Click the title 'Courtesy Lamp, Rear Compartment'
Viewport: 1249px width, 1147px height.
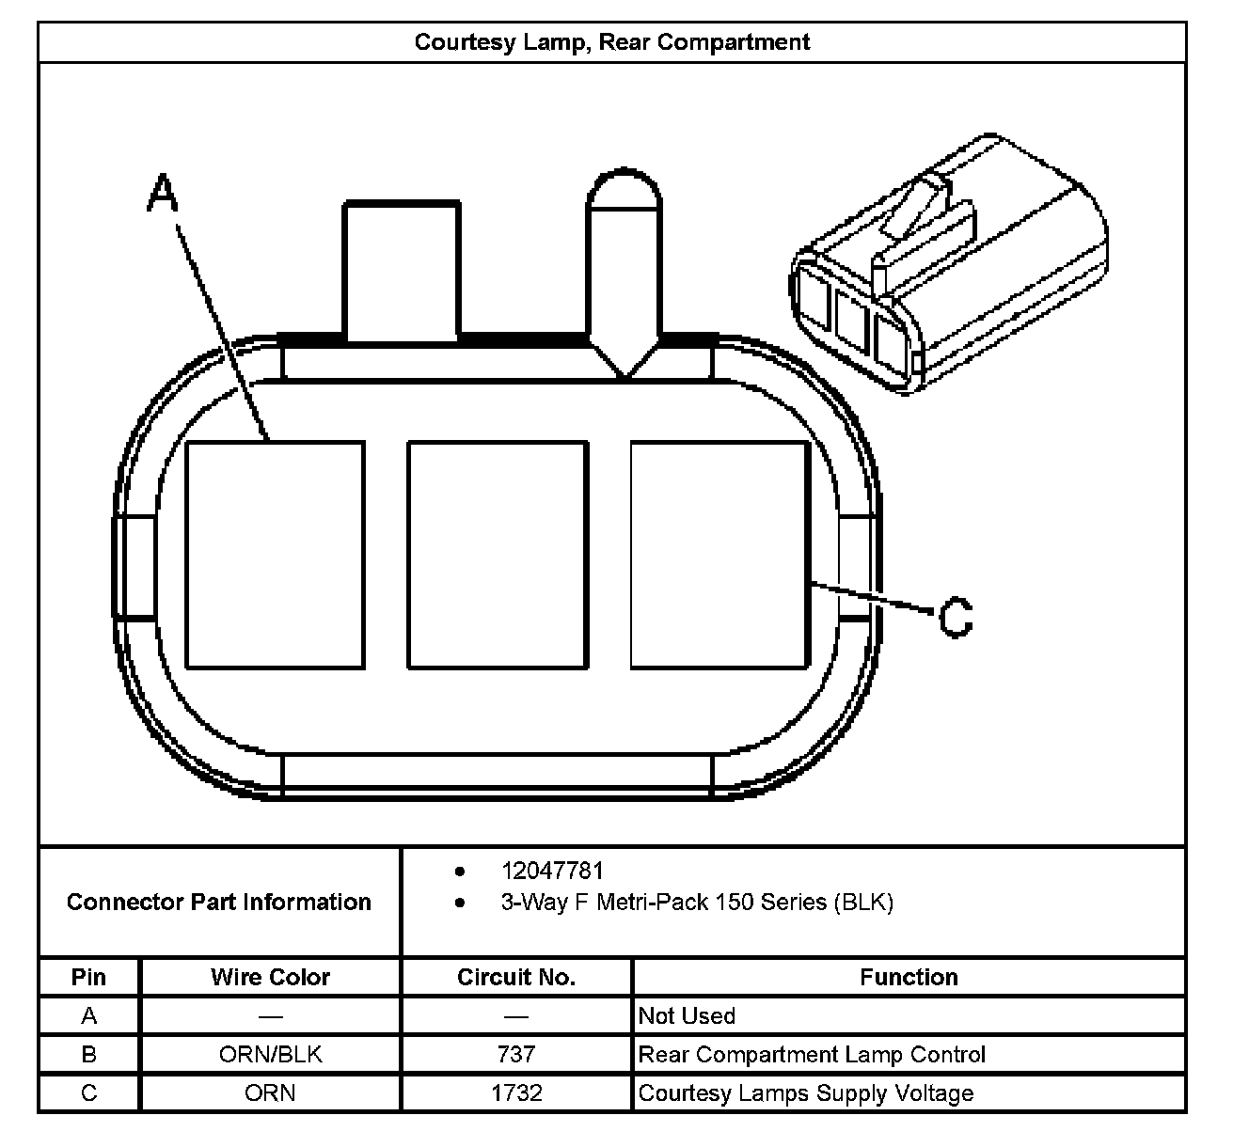[x=611, y=42]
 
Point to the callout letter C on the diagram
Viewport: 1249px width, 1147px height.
[x=956, y=618]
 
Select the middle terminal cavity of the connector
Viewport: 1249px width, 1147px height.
[x=498, y=555]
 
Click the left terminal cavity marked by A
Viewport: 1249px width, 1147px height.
[x=275, y=555]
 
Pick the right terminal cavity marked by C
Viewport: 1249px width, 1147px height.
[x=719, y=555]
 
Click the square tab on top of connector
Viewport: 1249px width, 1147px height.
[x=402, y=271]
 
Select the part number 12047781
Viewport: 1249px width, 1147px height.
[x=552, y=872]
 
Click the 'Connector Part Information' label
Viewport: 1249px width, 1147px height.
[x=219, y=903]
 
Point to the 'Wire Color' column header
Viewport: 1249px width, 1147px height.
[x=270, y=978]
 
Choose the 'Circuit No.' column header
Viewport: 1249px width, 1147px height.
[x=515, y=978]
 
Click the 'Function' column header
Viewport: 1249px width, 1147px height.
[x=909, y=978]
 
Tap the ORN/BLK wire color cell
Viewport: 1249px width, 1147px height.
[x=270, y=1055]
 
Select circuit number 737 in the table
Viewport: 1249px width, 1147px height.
[x=515, y=1055]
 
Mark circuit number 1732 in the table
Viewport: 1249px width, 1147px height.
[x=515, y=1093]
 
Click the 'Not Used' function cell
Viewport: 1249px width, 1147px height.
[x=687, y=1016]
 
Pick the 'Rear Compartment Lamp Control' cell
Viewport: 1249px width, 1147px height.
[x=812, y=1055]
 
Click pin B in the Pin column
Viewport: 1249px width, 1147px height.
[x=88, y=1055]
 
